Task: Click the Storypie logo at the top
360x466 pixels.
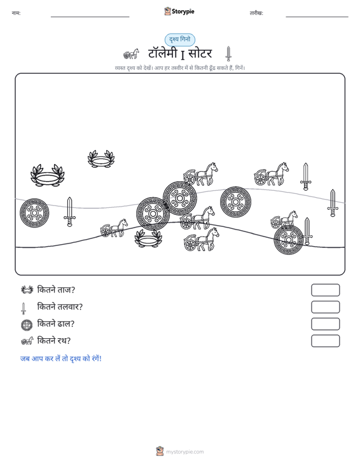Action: click(179, 11)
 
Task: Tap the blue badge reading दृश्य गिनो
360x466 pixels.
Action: click(180, 39)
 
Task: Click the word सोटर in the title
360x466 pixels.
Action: click(200, 53)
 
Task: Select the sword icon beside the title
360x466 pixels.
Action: click(228, 54)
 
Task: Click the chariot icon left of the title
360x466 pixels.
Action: click(131, 54)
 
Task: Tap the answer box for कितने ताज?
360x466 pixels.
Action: click(325, 290)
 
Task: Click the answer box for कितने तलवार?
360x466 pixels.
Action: click(325, 307)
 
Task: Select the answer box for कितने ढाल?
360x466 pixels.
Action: click(325, 324)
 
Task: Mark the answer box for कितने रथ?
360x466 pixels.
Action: click(325, 341)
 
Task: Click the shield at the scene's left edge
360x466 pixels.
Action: click(34, 213)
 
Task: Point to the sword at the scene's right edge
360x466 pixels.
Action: click(333, 203)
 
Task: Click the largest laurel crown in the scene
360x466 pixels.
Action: click(48, 175)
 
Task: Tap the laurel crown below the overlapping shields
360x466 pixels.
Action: click(148, 238)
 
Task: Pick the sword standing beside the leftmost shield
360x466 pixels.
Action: click(69, 212)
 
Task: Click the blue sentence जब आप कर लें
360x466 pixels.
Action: click(61, 359)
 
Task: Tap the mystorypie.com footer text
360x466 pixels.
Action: click(185, 452)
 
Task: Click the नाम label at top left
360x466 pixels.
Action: click(16, 13)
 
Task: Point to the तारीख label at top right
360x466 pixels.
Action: click(256, 13)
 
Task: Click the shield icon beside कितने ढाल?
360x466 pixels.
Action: click(27, 325)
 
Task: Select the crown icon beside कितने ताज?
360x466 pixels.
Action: click(27, 289)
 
